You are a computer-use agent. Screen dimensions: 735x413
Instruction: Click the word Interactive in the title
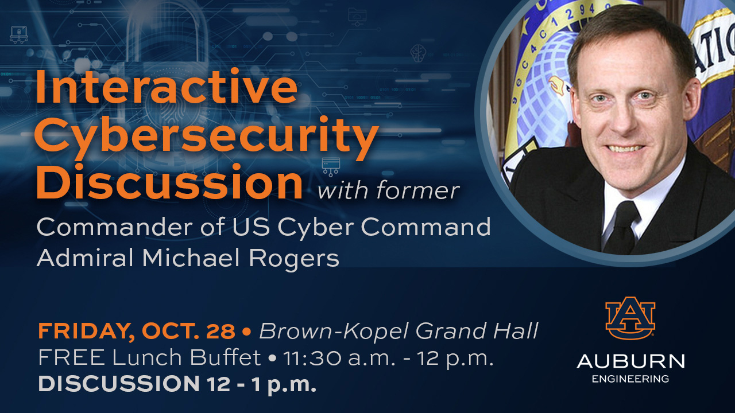167,86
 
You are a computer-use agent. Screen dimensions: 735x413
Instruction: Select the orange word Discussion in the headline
169,182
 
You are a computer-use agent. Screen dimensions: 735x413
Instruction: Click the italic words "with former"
388,190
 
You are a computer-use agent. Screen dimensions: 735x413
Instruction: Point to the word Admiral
85,258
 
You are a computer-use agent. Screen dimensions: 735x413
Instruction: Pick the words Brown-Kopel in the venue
334,331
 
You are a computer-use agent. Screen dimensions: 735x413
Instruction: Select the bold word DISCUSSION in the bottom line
119,384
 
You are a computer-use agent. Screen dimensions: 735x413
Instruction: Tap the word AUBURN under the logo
630,361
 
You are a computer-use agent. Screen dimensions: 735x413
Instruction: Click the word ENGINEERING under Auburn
630,379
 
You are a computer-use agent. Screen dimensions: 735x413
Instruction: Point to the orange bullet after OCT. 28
247,332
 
